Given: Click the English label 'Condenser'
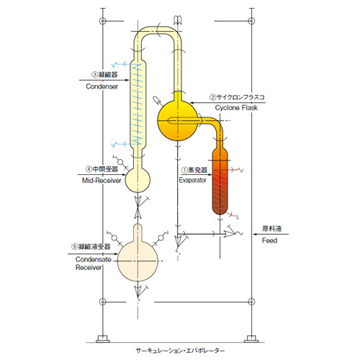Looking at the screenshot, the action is click(x=102, y=86).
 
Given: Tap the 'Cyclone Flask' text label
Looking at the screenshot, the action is click(x=236, y=108).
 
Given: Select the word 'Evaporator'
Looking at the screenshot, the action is click(x=192, y=180).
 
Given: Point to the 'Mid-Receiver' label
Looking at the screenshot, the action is click(x=102, y=180).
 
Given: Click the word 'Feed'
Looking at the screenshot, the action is click(x=269, y=240).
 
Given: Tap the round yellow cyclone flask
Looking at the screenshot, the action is click(x=178, y=120).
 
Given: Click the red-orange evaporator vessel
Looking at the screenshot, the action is click(x=220, y=181).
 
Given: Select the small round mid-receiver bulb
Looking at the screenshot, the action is click(x=138, y=180).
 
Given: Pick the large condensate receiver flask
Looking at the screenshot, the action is click(x=138, y=261).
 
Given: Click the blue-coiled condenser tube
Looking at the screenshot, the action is click(x=138, y=104).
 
